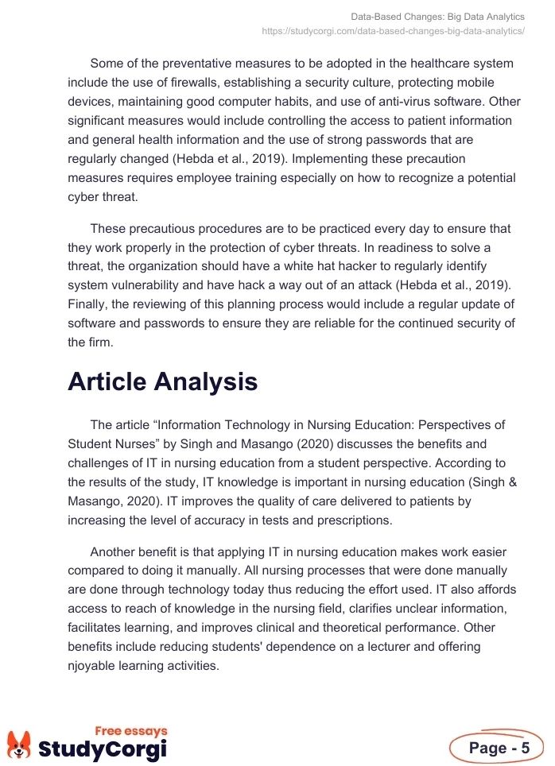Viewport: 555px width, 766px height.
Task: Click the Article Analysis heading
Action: pyautogui.click(x=162, y=381)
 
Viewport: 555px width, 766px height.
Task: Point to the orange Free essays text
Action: pyautogui.click(x=131, y=731)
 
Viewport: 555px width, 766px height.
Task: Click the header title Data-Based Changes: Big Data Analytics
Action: pyautogui.click(x=437, y=17)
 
